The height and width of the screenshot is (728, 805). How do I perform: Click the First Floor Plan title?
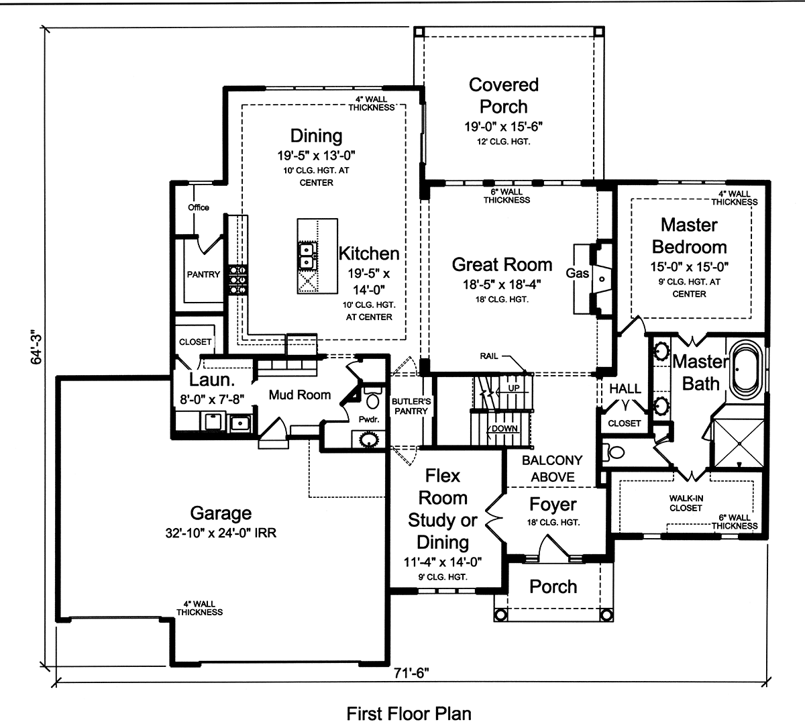coord(409,713)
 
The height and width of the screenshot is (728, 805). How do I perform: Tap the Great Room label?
coord(502,264)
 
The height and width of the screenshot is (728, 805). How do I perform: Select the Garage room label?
coord(221,513)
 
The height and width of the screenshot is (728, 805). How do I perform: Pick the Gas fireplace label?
coord(577,273)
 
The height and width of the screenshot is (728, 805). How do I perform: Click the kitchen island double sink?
coord(307,253)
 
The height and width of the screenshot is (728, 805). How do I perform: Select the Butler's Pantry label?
coord(411,406)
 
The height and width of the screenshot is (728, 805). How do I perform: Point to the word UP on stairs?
coord(513,388)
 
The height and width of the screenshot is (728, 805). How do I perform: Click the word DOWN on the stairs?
coord(504,428)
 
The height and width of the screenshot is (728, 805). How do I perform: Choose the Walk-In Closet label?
coord(686,503)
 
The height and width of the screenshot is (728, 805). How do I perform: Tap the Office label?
coord(199,207)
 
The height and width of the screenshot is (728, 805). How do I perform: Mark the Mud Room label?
coord(300,395)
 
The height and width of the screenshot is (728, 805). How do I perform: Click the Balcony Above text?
coord(552,468)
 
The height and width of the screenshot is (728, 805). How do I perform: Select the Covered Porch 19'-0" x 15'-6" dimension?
coord(503,126)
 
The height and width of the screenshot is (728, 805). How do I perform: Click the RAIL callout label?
coord(489,356)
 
